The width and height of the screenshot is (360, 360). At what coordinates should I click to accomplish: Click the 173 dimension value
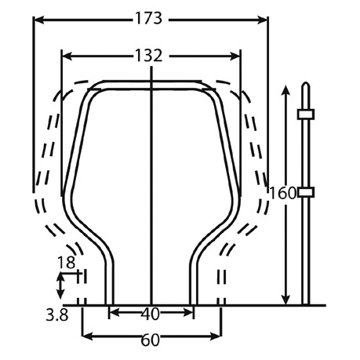pos(148,19)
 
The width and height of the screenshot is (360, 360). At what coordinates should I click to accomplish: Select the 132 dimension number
pos(148,56)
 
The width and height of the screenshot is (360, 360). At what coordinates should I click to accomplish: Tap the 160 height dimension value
pos(282,194)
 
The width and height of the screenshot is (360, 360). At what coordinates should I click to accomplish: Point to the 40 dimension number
pos(151,314)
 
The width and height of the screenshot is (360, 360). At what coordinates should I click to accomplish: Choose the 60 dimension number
pos(151,340)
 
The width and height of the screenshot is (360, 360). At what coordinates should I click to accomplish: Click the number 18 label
pos(66,263)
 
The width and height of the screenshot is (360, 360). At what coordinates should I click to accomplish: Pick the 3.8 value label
pos(57,315)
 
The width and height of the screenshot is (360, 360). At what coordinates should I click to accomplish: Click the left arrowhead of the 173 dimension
pos(39,20)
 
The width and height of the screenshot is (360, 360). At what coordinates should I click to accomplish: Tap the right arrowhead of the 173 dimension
pos(262,20)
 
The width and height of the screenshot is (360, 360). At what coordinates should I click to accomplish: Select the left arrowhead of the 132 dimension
pos(67,56)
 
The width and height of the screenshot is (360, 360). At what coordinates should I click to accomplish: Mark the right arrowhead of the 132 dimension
pos(235,56)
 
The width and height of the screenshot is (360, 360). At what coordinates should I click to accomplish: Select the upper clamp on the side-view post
pos(306,115)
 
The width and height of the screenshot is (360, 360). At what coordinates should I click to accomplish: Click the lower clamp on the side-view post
pos(306,192)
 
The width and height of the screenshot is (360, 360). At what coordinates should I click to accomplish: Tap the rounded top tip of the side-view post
pos(306,83)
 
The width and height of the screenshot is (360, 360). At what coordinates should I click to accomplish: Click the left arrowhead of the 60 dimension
pos(88,336)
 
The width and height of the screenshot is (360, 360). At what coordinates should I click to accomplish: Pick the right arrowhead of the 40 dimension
pos(187,312)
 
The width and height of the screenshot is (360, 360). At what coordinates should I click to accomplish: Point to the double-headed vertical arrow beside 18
pos(61,285)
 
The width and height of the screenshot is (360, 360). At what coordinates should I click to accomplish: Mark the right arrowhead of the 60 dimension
pos(216,336)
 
